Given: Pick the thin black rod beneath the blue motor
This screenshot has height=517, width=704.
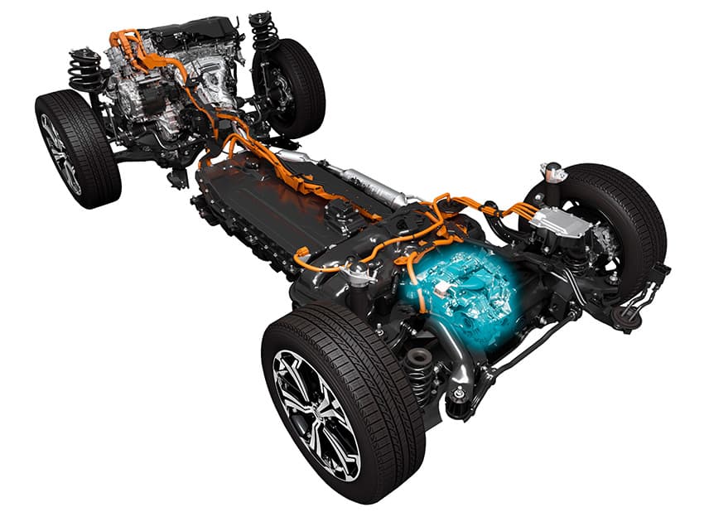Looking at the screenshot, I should [530, 348].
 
